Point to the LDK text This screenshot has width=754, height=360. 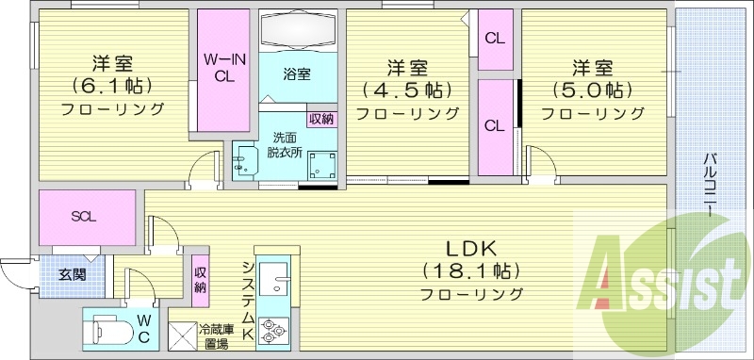[469, 249]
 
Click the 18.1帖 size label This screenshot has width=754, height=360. [469, 271]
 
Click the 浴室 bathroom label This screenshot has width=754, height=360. [297, 74]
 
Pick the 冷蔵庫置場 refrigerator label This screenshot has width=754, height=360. [213, 335]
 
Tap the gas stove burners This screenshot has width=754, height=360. [272, 331]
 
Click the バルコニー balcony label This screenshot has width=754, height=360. [707, 184]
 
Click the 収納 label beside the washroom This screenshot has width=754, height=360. [320, 119]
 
